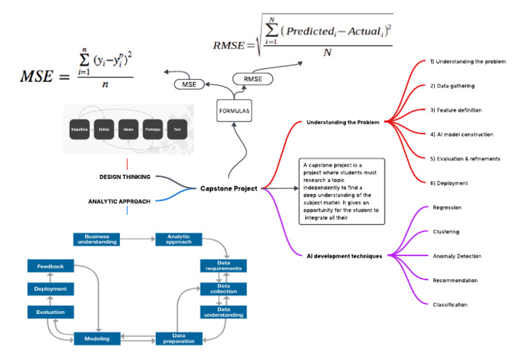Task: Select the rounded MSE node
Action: (191, 84)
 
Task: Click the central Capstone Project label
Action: (228, 188)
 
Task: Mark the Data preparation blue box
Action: (180, 338)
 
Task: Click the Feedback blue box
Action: (51, 266)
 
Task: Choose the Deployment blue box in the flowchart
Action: (51, 289)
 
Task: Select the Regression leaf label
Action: (448, 207)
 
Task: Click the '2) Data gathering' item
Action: (452, 86)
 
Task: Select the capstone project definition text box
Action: (341, 191)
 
